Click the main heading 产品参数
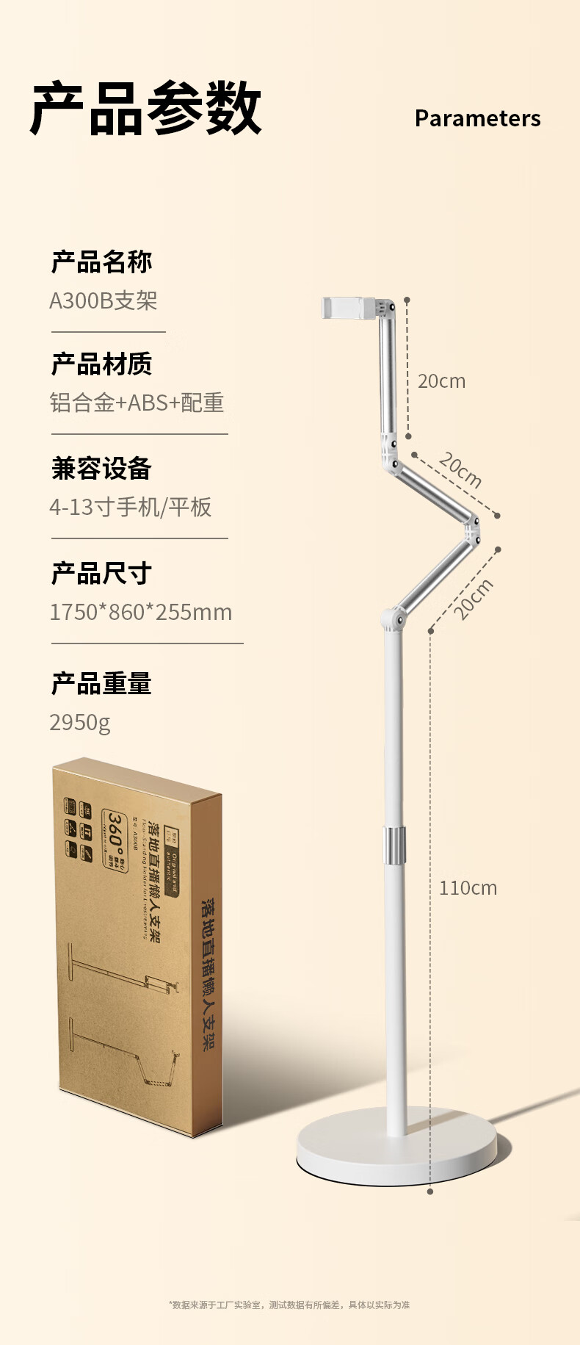(x=146, y=109)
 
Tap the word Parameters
(x=477, y=118)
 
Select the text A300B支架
(x=104, y=300)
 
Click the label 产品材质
(x=101, y=364)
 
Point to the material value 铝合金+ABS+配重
(x=137, y=403)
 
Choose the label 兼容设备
(x=101, y=468)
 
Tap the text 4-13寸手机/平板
(x=131, y=507)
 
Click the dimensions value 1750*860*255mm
(x=140, y=612)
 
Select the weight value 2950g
(x=80, y=723)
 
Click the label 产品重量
(x=101, y=684)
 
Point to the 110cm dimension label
(x=468, y=888)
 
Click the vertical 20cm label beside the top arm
(x=441, y=381)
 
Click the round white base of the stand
(x=396, y=1150)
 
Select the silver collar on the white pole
(x=394, y=845)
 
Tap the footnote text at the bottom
(x=289, y=1305)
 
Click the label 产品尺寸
(x=101, y=573)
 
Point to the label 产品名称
(x=101, y=262)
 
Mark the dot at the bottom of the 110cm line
(x=430, y=1191)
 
